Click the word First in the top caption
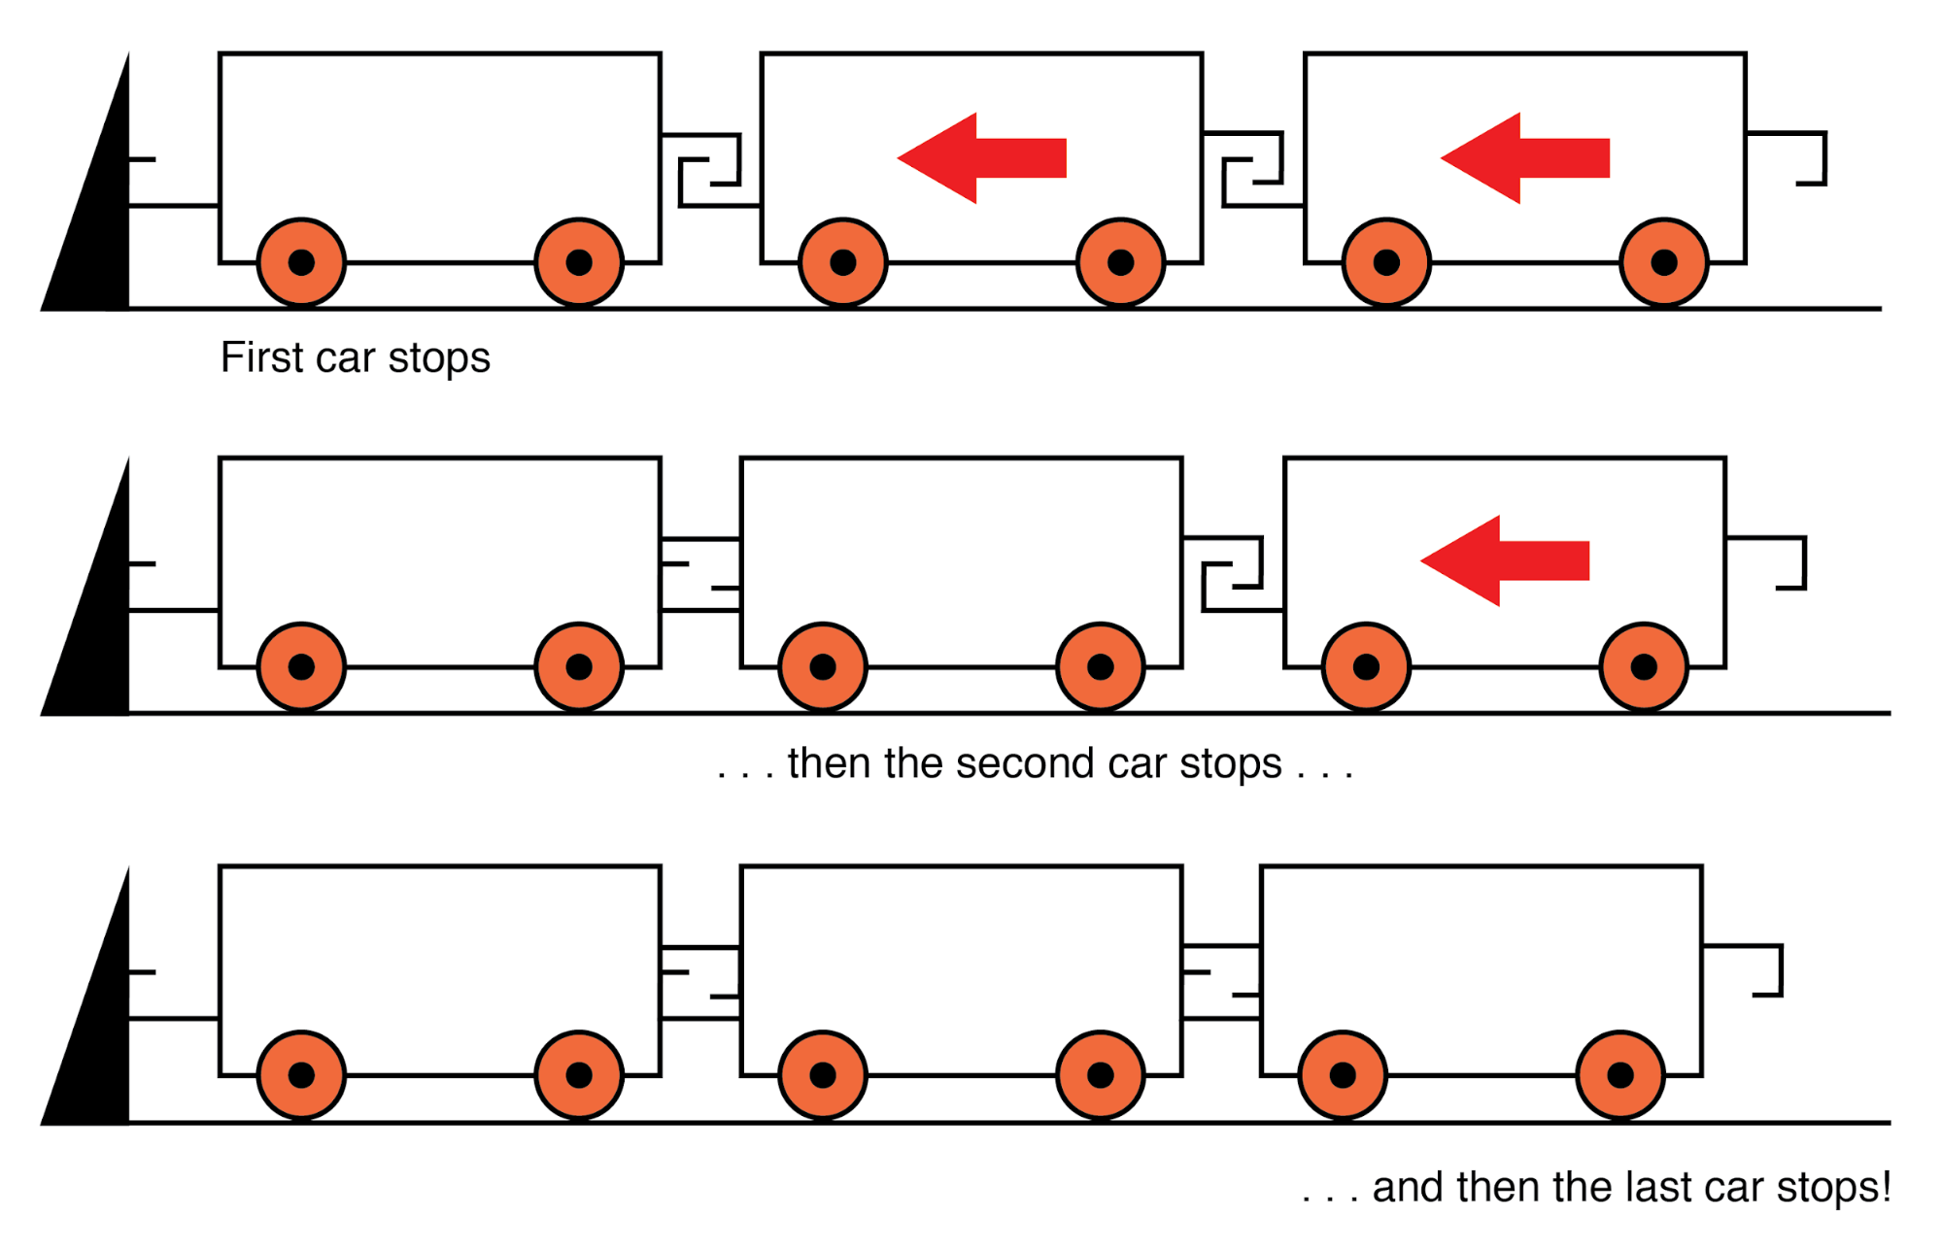pyautogui.click(x=261, y=357)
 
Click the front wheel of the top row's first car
pyautogui.click(x=301, y=262)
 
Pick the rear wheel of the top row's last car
pyautogui.click(x=1663, y=262)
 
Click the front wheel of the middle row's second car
pyautogui.click(x=823, y=667)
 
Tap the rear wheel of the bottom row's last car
pyautogui.click(x=1619, y=1075)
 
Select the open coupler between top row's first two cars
pyautogui.click(x=710, y=170)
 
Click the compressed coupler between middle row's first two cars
pyautogui.click(x=700, y=575)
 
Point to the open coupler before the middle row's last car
pyautogui.click(x=1233, y=574)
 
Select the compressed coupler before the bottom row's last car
pyautogui.click(x=1221, y=982)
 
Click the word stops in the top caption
pyautogui.click(x=439, y=357)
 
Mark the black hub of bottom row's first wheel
pyautogui.click(x=301, y=1075)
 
